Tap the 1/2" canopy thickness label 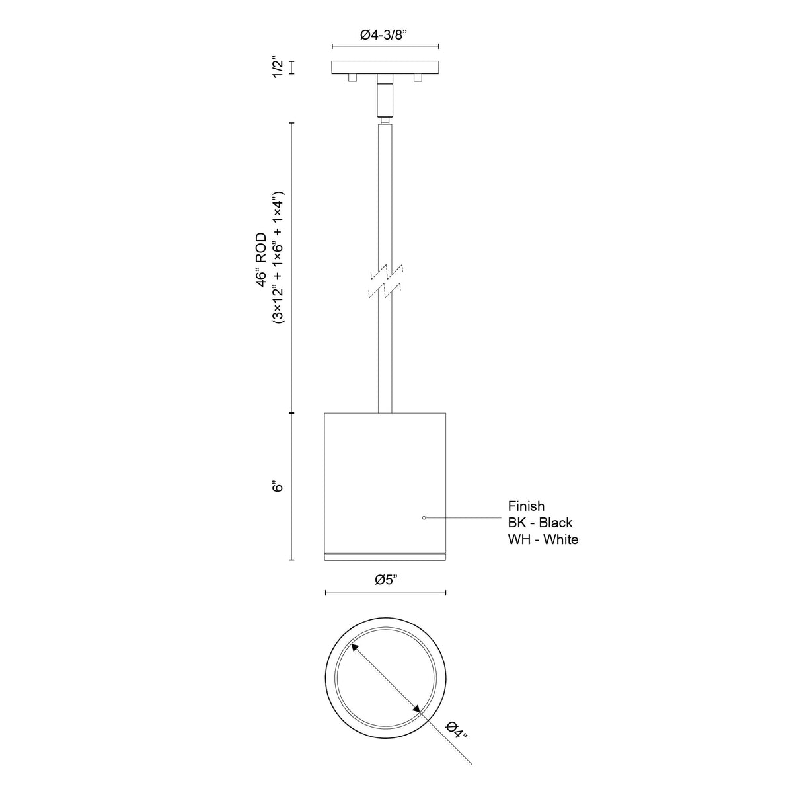tap(278, 67)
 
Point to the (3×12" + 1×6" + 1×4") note tap(278, 257)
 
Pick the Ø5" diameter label tap(385, 580)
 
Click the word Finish tap(526, 506)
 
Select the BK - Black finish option tap(540, 523)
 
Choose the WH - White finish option tap(543, 539)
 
